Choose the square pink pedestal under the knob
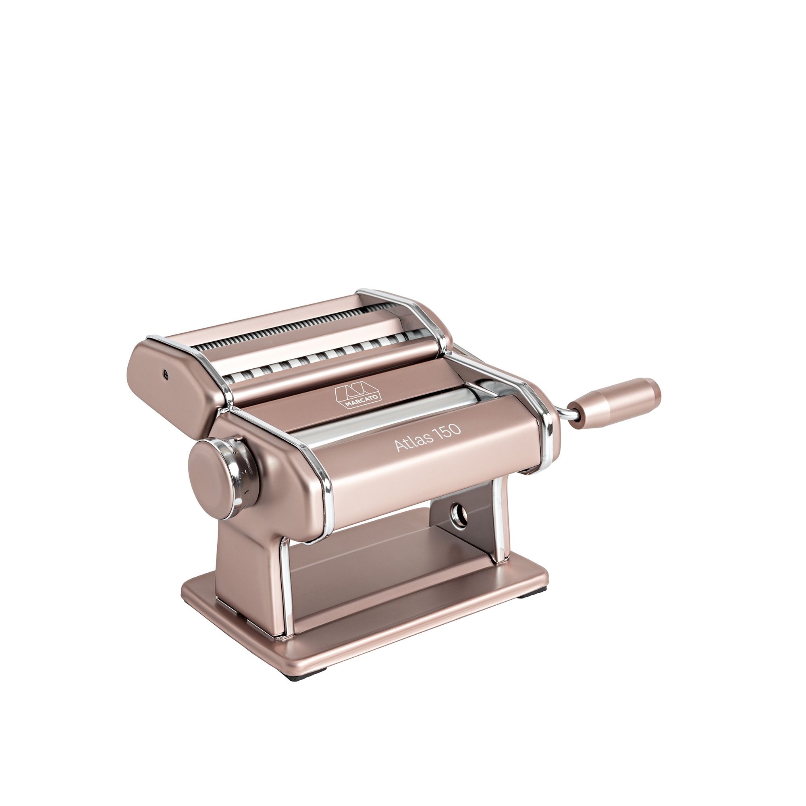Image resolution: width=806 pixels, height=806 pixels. click(x=250, y=555)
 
